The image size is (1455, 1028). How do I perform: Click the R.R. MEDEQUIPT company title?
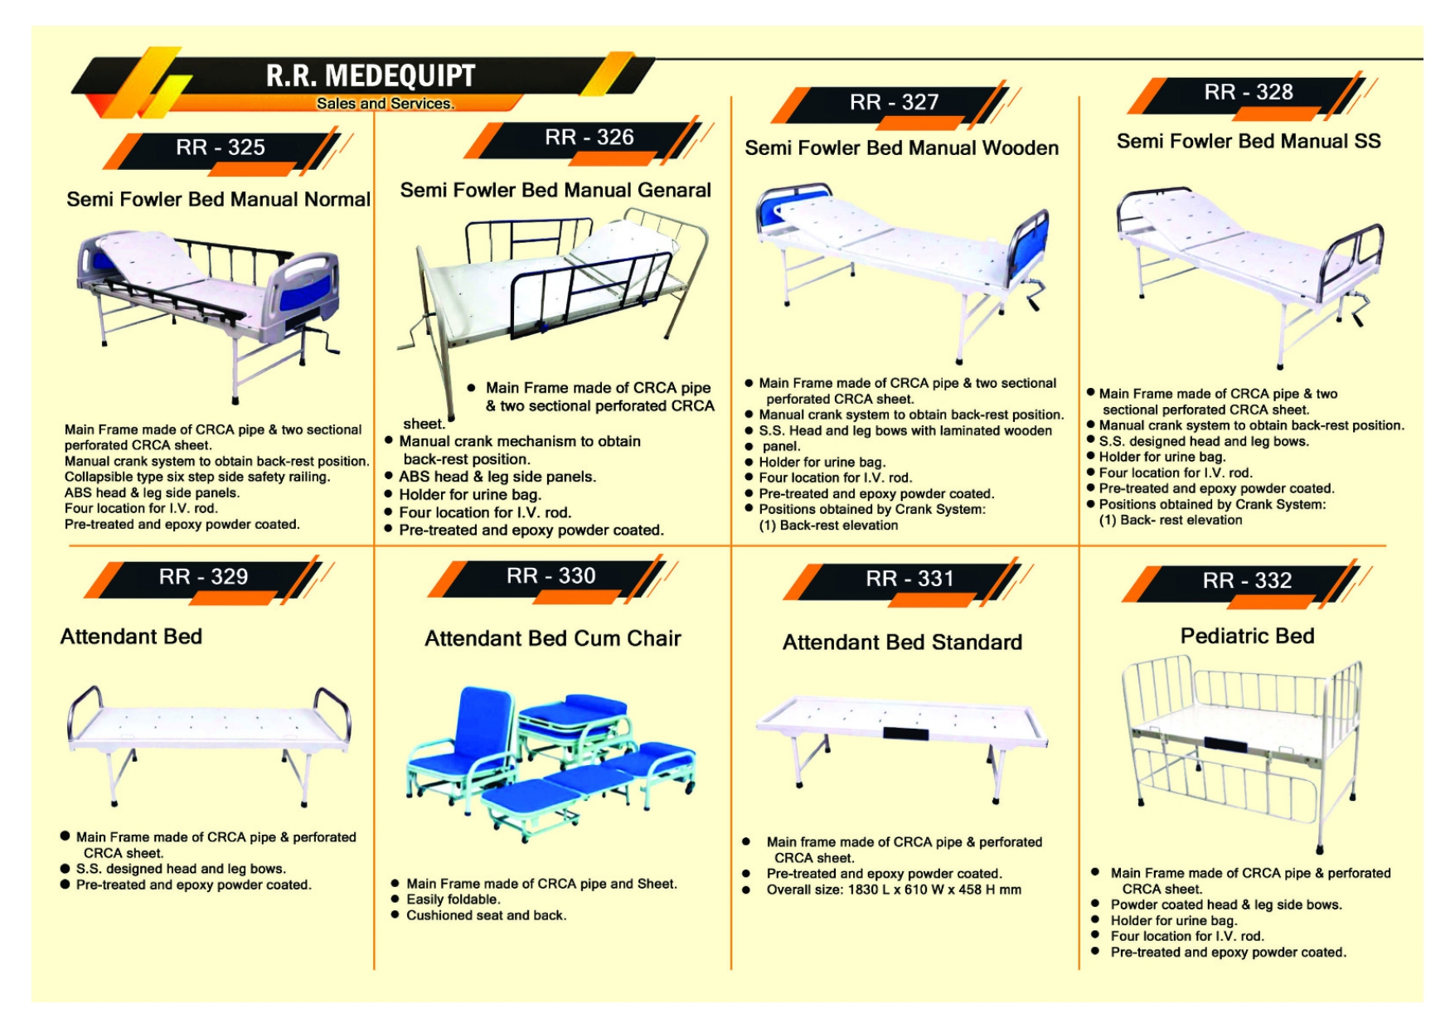coord(370,75)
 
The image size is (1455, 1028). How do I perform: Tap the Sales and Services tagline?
coord(385,104)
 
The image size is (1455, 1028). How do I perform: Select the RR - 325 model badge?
coord(221,148)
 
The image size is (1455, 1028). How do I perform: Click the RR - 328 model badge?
coord(1248,92)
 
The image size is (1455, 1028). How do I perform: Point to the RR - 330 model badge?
coord(550,576)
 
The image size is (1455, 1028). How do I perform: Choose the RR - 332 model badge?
coord(1247,580)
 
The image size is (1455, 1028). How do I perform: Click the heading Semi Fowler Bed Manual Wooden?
coord(901,148)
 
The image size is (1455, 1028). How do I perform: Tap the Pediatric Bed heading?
coord(1247,636)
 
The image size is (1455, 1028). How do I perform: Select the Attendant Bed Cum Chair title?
coord(552,638)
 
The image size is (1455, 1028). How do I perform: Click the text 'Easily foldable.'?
coord(453,899)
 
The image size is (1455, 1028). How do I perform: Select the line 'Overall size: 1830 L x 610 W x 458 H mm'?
coord(893,890)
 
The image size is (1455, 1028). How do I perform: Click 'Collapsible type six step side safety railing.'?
coord(197,477)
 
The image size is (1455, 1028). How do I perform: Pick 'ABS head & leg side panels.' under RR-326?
coord(497,477)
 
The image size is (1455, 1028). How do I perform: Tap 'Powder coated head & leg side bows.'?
coord(1225,904)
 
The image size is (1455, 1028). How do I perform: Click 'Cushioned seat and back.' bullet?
coord(486,915)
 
